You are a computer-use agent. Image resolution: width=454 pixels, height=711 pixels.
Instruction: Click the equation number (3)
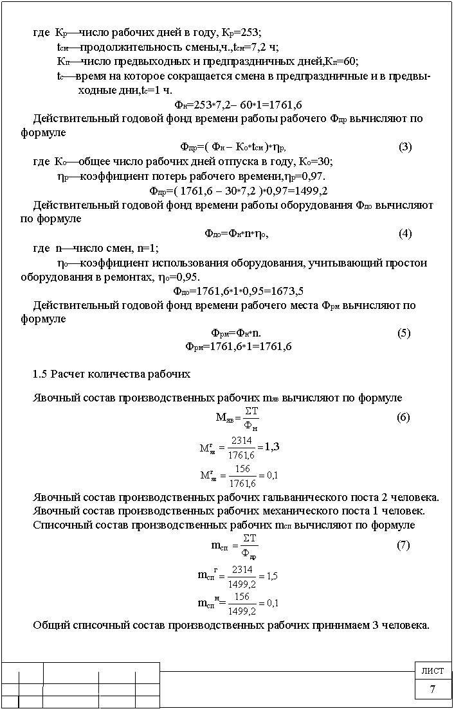click(405, 146)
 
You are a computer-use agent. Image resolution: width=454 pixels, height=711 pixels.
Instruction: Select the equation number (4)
click(405, 233)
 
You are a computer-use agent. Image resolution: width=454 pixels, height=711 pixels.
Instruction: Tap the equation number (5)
click(404, 333)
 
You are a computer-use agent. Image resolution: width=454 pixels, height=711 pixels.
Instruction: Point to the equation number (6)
click(403, 417)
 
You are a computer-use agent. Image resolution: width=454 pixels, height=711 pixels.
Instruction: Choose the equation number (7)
click(403, 545)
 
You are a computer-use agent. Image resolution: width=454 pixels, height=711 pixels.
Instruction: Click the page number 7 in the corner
click(432, 690)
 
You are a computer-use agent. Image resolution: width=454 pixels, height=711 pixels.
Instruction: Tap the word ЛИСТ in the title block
click(432, 671)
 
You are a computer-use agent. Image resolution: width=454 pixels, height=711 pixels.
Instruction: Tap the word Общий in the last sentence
click(50, 626)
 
